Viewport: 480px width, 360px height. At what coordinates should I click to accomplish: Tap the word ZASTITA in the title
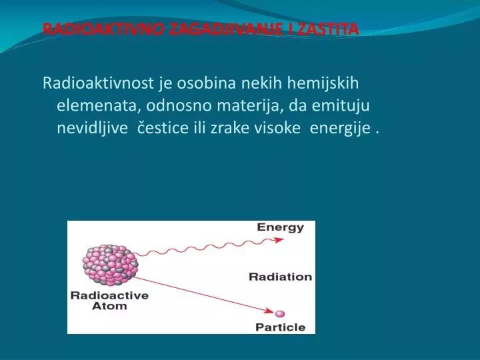[330, 29]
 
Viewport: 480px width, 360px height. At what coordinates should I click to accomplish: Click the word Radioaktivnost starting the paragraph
[98, 83]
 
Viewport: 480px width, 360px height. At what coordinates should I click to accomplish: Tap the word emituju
[339, 105]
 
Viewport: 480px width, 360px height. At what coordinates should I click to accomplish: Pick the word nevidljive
[93, 128]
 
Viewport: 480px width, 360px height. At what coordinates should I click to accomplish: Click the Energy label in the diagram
[281, 227]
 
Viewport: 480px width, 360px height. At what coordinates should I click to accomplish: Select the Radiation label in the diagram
[280, 276]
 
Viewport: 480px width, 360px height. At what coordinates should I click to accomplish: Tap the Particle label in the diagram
[280, 327]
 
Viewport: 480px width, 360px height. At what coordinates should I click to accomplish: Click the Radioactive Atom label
[109, 301]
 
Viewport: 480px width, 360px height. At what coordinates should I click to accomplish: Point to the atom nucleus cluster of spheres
[110, 266]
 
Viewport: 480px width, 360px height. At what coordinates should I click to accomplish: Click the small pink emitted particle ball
[280, 313]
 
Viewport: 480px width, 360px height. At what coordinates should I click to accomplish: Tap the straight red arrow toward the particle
[200, 291]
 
